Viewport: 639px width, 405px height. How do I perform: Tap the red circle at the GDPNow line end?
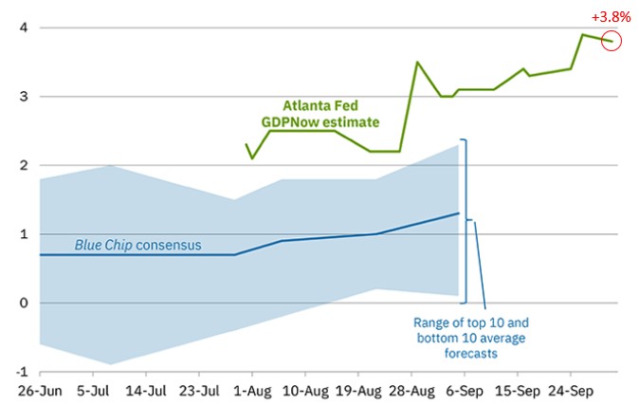(612, 41)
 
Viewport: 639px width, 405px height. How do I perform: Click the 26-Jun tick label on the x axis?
(39, 389)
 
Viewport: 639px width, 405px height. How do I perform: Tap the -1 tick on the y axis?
(17, 371)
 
